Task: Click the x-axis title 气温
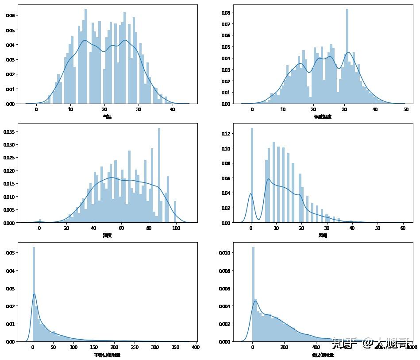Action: tap(107, 116)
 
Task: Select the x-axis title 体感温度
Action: tap(322, 116)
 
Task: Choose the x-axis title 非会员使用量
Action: tap(107, 355)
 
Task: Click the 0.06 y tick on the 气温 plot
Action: tap(10, 15)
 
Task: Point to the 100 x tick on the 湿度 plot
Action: tap(176, 228)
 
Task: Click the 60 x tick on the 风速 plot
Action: tap(402, 228)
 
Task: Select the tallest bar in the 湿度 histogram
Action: tap(159, 175)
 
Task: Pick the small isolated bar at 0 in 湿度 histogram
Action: tap(40, 221)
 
